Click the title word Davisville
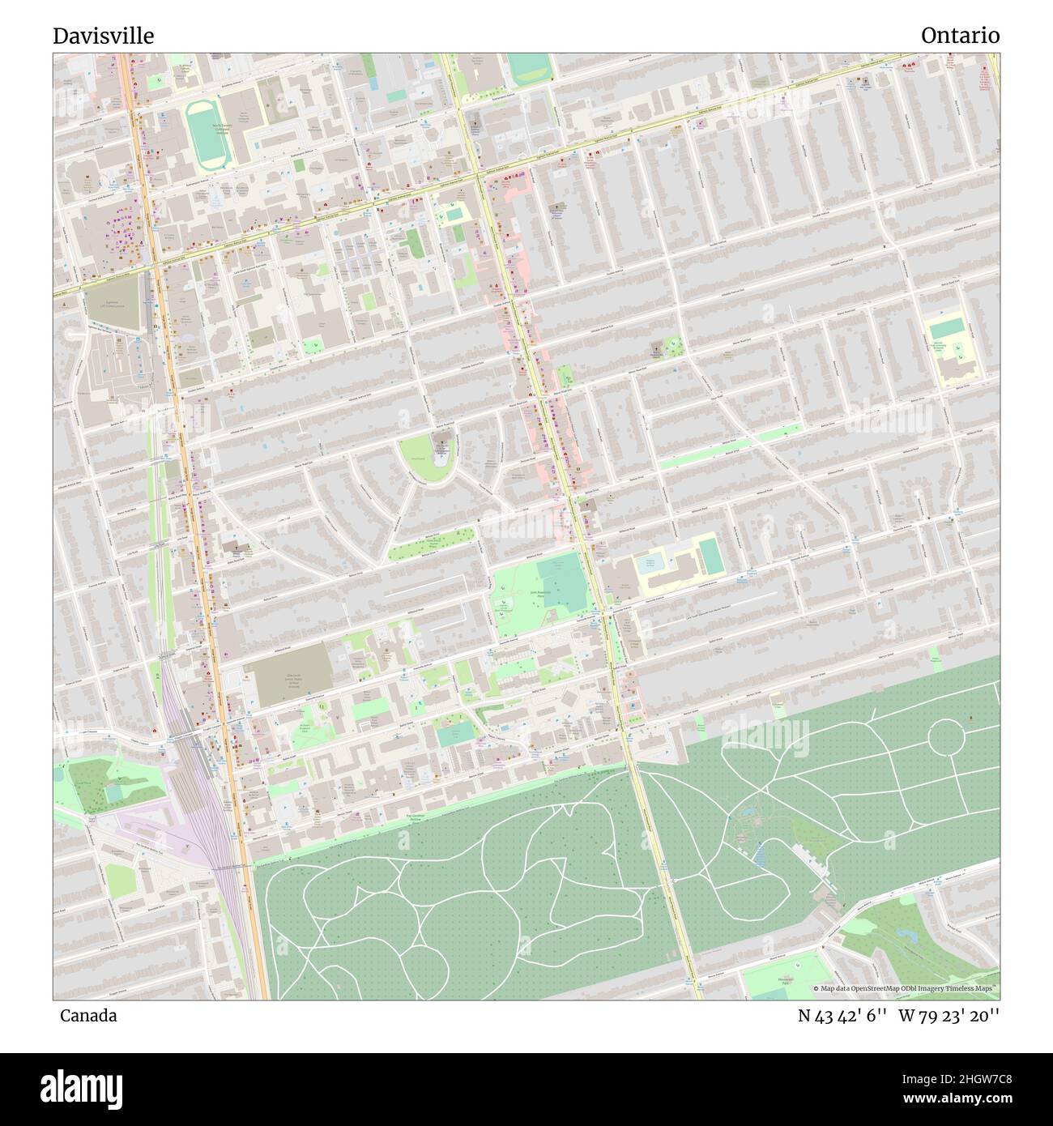pos(103,36)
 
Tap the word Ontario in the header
pos(959,36)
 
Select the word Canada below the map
pos(87,1015)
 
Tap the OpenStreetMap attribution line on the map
pos(906,989)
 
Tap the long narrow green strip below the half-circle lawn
pos(431,544)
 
